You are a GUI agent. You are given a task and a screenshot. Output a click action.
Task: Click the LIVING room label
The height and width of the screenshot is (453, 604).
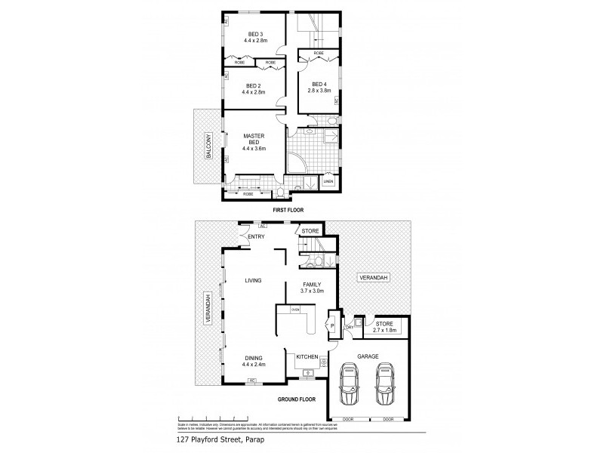(252, 280)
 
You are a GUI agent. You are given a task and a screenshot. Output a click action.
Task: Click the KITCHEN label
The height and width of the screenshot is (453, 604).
(305, 356)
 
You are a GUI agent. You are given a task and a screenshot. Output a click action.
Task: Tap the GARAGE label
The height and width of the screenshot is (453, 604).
(368, 355)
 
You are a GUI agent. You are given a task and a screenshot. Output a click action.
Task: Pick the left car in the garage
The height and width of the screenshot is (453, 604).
(350, 384)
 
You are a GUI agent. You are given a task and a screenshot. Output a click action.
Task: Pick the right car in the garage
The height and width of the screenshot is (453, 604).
(387, 384)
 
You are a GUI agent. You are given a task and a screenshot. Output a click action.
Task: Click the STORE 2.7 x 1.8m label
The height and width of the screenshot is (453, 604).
(385, 327)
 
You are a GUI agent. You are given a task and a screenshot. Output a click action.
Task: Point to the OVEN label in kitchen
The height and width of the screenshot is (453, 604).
(296, 310)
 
